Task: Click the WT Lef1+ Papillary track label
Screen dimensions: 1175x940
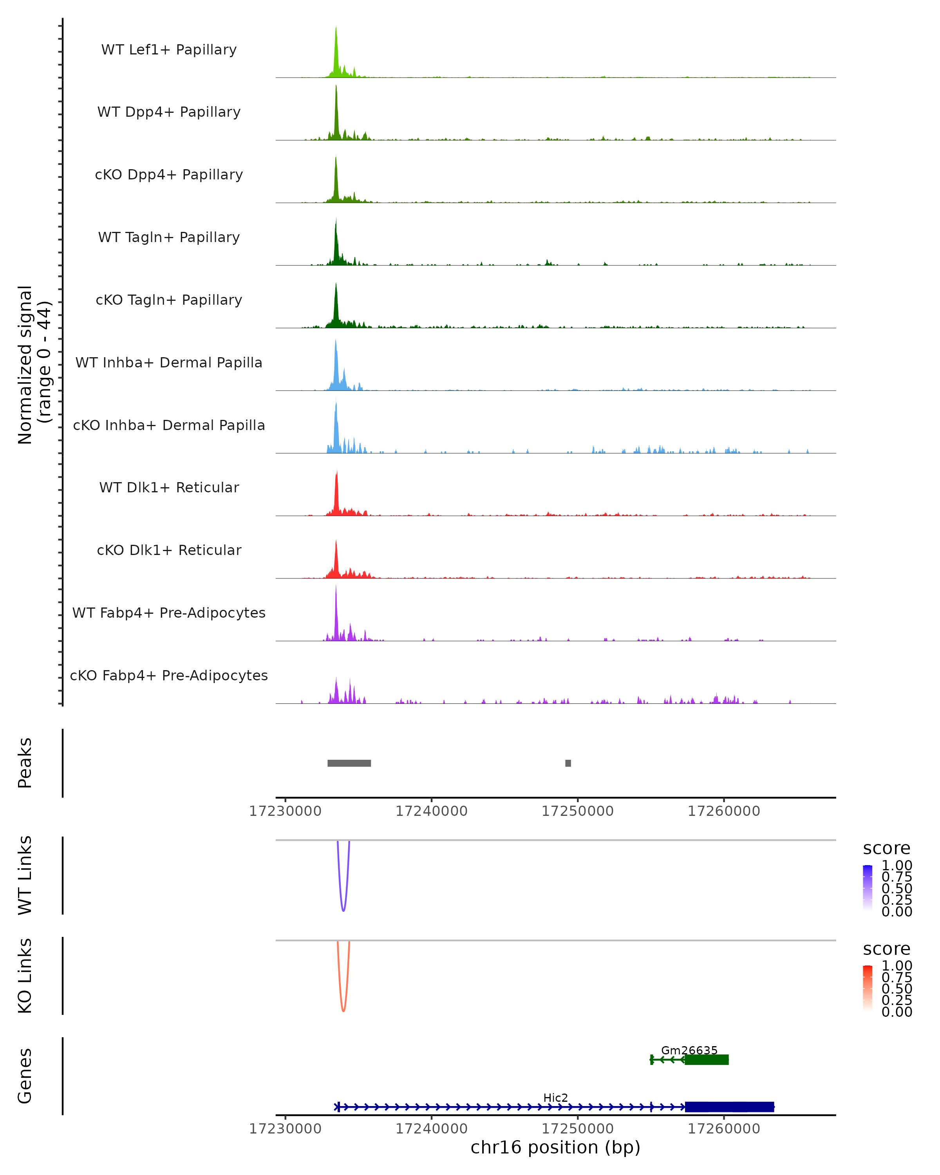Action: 169,50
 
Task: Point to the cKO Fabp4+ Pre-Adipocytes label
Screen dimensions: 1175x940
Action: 169,675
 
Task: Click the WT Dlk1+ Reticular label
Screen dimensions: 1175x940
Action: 169,487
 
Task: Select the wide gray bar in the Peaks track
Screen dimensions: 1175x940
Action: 349,763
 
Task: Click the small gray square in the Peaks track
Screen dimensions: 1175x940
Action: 568,763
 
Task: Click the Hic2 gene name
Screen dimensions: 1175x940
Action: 556,1097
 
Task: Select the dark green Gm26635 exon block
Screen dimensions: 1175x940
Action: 707,1059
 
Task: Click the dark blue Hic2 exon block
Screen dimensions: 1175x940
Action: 730,1107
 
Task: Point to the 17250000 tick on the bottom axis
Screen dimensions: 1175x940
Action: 578,1129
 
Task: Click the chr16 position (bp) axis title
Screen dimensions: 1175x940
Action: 555,1148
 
